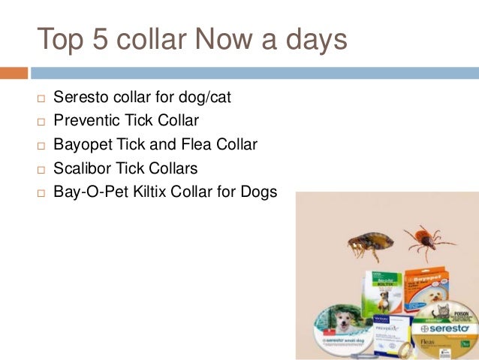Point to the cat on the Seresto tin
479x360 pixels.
(432, 312)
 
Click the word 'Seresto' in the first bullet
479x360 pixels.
(80, 98)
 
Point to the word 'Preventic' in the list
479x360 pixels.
(85, 120)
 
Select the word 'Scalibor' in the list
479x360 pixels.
(81, 168)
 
